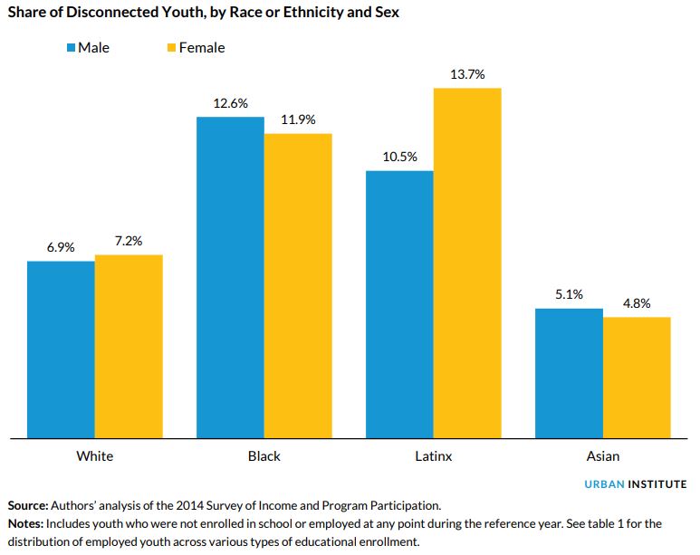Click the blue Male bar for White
(x=61, y=349)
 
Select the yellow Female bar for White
(x=129, y=347)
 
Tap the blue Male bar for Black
(x=230, y=277)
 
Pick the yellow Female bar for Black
(x=298, y=286)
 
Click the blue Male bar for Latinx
(x=399, y=304)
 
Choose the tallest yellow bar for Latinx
(x=467, y=263)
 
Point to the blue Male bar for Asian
(x=569, y=373)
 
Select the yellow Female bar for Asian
(x=637, y=378)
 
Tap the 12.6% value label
(x=230, y=103)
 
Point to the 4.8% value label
(x=637, y=303)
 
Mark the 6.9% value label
(x=61, y=247)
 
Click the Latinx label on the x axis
(x=434, y=456)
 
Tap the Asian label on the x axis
(x=602, y=456)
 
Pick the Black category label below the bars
(x=264, y=456)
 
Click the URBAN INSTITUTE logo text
(x=635, y=484)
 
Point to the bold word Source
(x=27, y=504)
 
